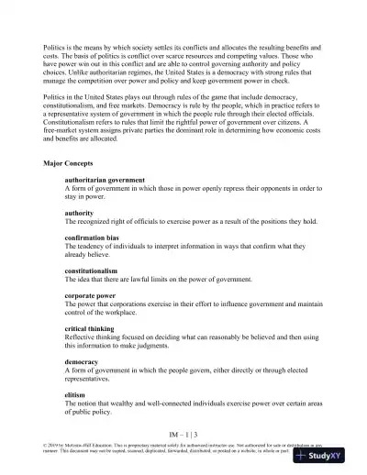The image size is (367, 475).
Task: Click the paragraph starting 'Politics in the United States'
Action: [x=183, y=127]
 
